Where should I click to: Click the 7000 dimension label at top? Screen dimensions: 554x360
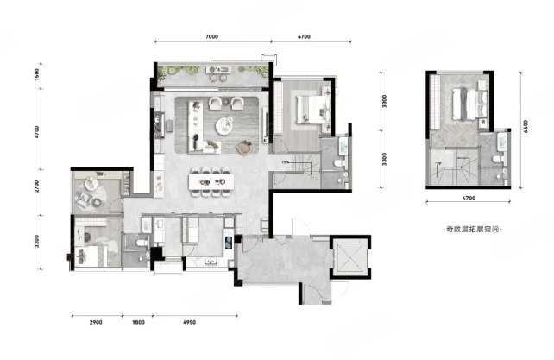pos(211,36)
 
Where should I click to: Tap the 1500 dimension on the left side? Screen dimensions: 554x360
pos(37,74)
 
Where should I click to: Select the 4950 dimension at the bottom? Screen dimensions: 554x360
pos(189,322)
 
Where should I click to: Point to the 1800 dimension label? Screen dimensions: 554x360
pos(138,322)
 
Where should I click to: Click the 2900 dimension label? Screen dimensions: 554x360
pos(96,322)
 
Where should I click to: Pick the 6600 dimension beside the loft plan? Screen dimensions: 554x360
pos(526,126)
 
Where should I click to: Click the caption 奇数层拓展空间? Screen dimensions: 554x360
pos(472,229)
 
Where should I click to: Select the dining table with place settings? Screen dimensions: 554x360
pos(211,182)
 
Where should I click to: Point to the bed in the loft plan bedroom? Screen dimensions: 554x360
pos(469,104)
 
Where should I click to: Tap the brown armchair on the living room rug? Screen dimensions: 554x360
pos(244,148)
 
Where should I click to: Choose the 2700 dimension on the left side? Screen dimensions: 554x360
pos(37,186)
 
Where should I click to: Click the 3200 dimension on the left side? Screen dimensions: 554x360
pos(37,241)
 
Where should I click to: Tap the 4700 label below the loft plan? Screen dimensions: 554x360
pos(469,198)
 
